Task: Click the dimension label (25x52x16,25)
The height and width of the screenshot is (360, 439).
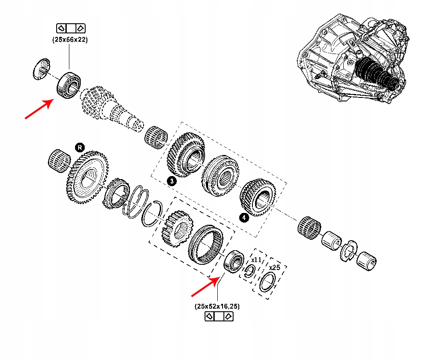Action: (218, 306)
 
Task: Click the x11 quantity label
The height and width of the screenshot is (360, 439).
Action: (257, 260)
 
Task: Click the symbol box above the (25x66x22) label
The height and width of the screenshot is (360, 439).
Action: (70, 29)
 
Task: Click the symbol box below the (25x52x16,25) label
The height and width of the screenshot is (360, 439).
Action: (219, 317)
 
